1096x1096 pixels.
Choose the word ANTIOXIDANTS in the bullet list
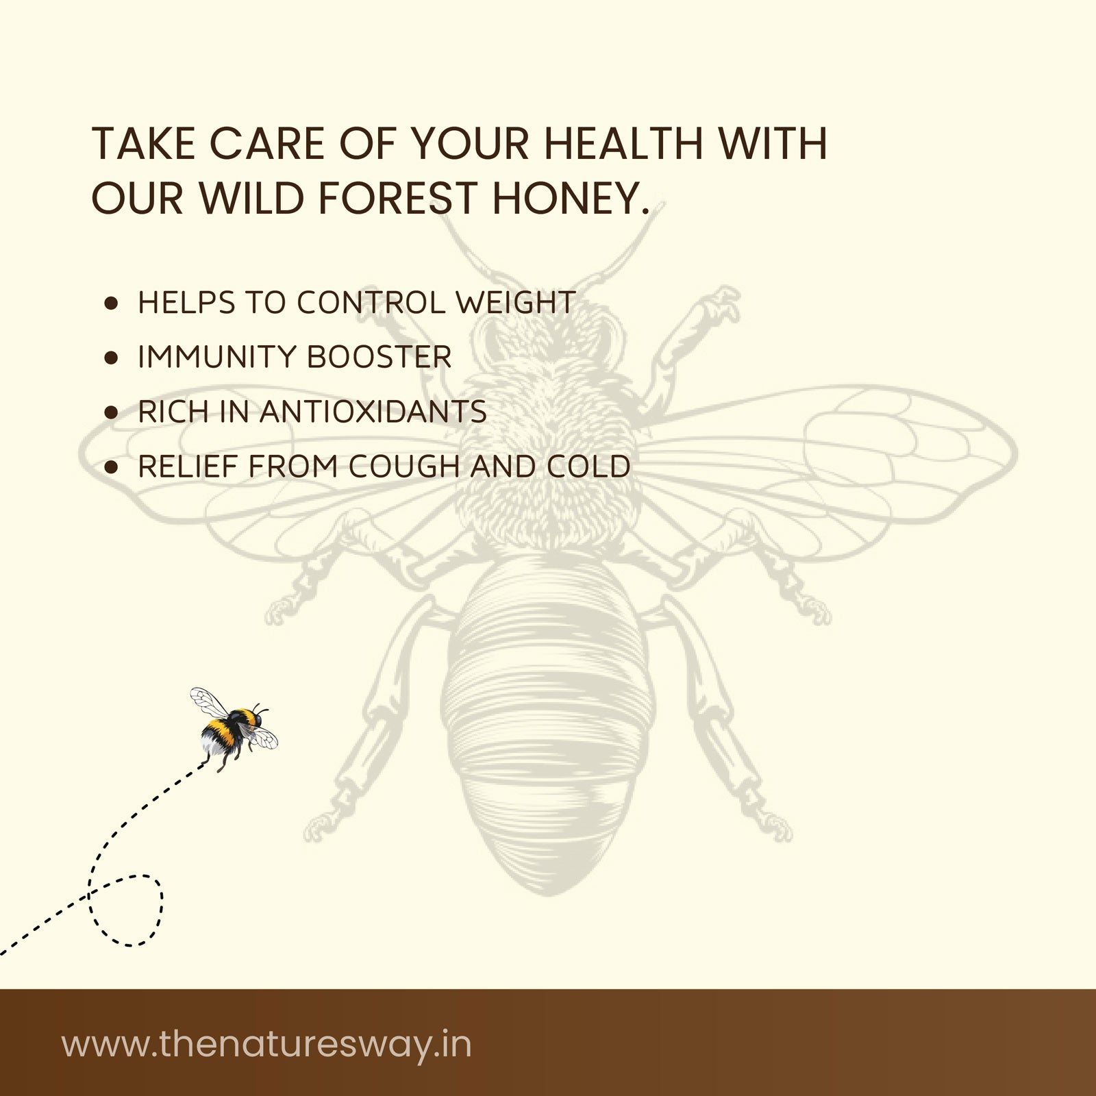point(373,412)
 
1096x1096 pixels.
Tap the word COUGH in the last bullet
point(406,467)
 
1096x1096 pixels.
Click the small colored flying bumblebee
point(233,730)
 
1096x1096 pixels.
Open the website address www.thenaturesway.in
point(267,1045)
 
